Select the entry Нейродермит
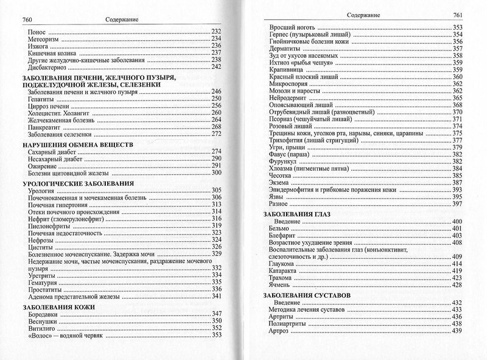tap(290, 97)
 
